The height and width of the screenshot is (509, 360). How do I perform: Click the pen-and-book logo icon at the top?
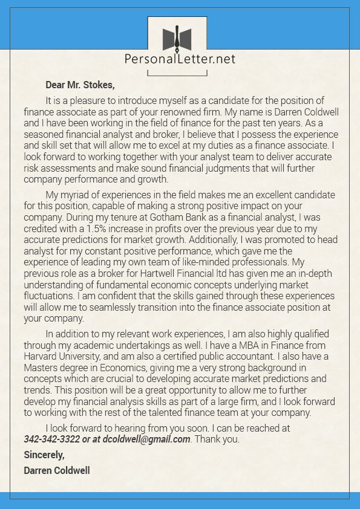pyautogui.click(x=177, y=38)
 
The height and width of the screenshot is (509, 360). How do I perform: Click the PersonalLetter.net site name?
pyautogui.click(x=180, y=59)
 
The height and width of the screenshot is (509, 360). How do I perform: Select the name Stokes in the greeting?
pyautogui.click(x=97, y=85)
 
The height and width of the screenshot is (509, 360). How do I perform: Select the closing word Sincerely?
pyautogui.click(x=44, y=454)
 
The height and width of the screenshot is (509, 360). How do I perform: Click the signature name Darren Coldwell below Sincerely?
pyautogui.click(x=57, y=470)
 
